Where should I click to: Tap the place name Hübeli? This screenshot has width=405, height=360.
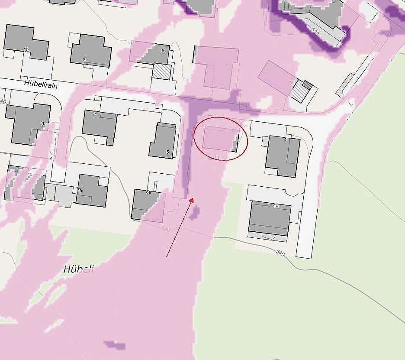point(78,269)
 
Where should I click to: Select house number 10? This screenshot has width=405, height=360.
point(26,50)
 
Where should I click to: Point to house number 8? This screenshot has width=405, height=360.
point(84,60)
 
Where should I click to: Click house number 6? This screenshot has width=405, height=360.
point(163,51)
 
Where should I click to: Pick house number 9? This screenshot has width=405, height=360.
point(42,124)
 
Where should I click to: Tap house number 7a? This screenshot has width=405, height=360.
point(79,190)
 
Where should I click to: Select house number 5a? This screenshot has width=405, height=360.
point(148,192)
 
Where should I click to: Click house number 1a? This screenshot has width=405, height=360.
point(276,206)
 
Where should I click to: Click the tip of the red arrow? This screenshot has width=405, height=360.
point(191,199)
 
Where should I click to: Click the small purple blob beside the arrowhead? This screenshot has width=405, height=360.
point(195,212)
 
